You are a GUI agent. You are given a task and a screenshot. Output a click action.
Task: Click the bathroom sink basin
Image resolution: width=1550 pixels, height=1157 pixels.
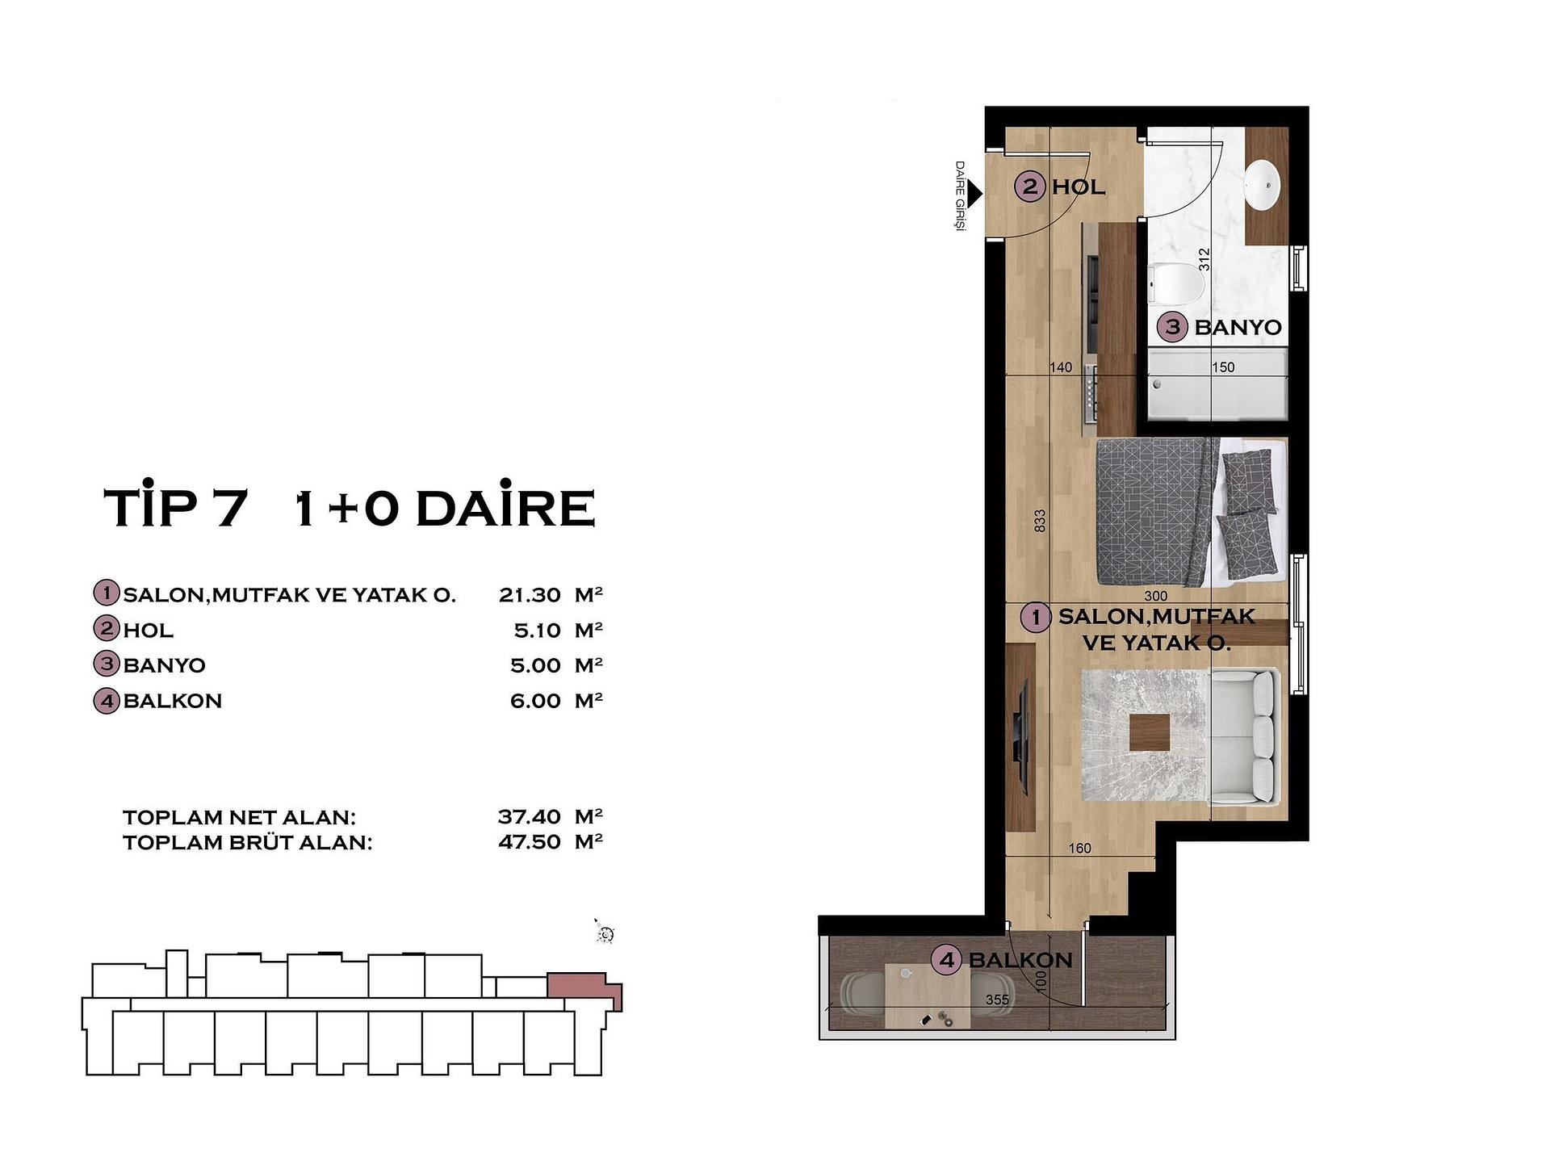(x=1263, y=185)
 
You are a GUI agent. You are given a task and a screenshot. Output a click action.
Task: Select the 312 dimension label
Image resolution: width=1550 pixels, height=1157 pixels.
(x=1204, y=259)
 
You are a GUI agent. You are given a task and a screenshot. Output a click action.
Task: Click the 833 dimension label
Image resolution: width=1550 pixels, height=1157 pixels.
(x=1040, y=519)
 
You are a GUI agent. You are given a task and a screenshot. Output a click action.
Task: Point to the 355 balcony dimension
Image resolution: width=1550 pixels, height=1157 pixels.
(x=997, y=1000)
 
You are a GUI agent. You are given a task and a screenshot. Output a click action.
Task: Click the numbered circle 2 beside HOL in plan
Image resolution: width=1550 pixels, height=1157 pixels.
(x=1030, y=187)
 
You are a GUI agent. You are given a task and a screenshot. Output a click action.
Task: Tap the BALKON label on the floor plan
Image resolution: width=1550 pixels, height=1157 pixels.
(x=1020, y=960)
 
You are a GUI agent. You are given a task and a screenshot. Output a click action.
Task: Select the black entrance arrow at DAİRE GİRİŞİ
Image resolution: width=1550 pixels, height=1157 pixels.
(x=974, y=193)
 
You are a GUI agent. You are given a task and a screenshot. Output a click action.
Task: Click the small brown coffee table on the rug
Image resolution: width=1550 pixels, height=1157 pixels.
(x=1150, y=733)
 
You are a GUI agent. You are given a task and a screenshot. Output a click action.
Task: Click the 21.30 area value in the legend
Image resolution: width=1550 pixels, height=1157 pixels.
(x=530, y=595)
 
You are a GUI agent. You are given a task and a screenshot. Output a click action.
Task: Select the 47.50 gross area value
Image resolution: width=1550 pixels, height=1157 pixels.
(x=530, y=842)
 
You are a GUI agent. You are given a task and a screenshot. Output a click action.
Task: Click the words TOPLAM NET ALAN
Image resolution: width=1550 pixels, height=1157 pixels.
(x=239, y=817)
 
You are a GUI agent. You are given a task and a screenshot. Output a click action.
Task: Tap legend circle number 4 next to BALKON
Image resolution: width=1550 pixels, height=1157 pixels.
(x=107, y=701)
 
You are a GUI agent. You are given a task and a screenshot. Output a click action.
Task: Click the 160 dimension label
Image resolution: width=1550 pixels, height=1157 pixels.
(x=1079, y=848)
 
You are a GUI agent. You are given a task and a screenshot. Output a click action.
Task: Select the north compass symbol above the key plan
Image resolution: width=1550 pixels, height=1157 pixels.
(x=605, y=933)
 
